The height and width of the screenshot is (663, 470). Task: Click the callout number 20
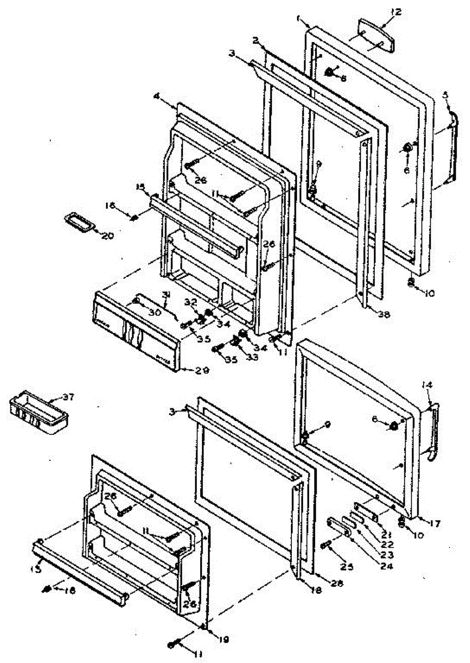[x=107, y=235]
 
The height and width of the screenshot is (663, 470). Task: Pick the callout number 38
[x=384, y=314]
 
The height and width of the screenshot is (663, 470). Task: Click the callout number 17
[x=435, y=523]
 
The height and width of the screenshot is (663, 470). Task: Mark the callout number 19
[x=223, y=640]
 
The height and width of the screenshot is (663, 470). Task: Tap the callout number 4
[x=156, y=97]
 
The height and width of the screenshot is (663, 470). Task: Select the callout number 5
[x=445, y=94]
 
